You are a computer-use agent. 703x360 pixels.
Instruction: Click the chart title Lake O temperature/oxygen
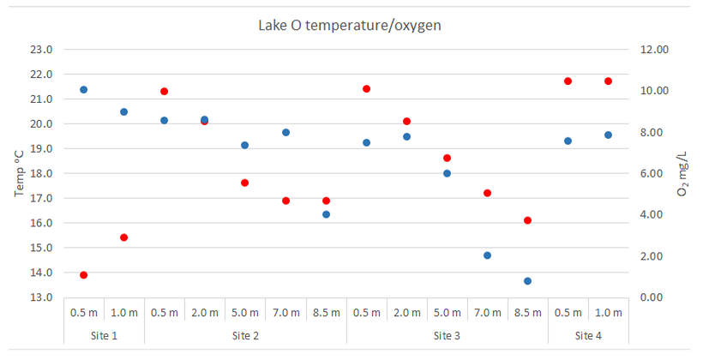pos(350,25)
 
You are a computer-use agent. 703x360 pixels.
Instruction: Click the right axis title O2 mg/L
pos(683,174)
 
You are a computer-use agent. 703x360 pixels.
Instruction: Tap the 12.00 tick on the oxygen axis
pos(655,50)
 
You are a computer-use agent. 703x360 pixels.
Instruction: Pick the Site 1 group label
pos(104,335)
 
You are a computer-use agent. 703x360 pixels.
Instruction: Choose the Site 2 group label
pos(245,335)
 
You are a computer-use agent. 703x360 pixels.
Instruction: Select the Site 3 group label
pos(447,335)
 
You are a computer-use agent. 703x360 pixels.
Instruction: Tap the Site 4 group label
pos(588,335)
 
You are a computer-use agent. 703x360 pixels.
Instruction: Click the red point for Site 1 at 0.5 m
pos(83,275)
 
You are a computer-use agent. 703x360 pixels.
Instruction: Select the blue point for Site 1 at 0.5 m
pos(83,89)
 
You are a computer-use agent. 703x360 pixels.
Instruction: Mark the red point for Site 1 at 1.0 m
pos(123,237)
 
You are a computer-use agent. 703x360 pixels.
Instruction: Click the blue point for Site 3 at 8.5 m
pos(527,281)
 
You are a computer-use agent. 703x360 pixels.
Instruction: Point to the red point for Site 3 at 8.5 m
pos(527,220)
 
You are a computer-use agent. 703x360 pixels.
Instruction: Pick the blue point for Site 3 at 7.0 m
pos(487,255)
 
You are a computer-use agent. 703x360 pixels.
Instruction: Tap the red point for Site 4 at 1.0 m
pos(608,81)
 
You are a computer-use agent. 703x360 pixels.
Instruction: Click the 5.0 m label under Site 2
pos(245,313)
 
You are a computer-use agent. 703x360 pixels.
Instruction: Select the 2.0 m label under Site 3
pos(406,313)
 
